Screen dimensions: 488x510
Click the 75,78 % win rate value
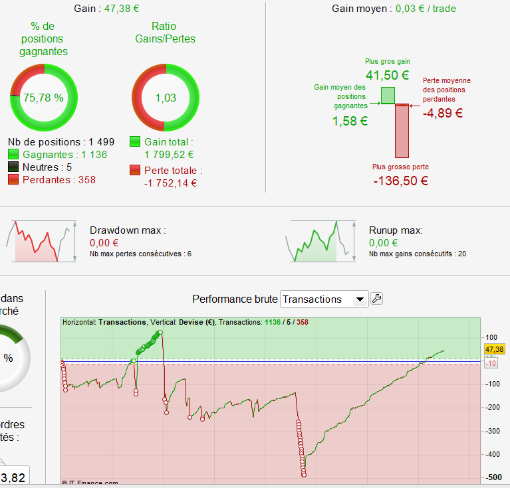(43, 98)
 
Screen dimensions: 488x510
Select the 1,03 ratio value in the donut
(166, 98)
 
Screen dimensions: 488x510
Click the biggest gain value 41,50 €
(387, 76)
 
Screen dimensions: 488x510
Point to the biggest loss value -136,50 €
(400, 181)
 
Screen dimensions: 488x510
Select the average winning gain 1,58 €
(350, 121)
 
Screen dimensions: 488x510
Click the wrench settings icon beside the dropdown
(376, 299)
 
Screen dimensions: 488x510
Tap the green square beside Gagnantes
(13, 155)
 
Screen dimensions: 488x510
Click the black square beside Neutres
(13, 167)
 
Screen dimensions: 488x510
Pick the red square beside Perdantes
(13, 180)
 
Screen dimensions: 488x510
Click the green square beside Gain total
(135, 141)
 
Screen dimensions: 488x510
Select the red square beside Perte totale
(135, 171)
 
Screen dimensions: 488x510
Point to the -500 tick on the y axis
(493, 477)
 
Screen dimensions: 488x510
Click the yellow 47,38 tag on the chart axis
(494, 349)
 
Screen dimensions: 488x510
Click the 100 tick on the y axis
(491, 337)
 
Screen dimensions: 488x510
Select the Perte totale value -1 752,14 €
(170, 184)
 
